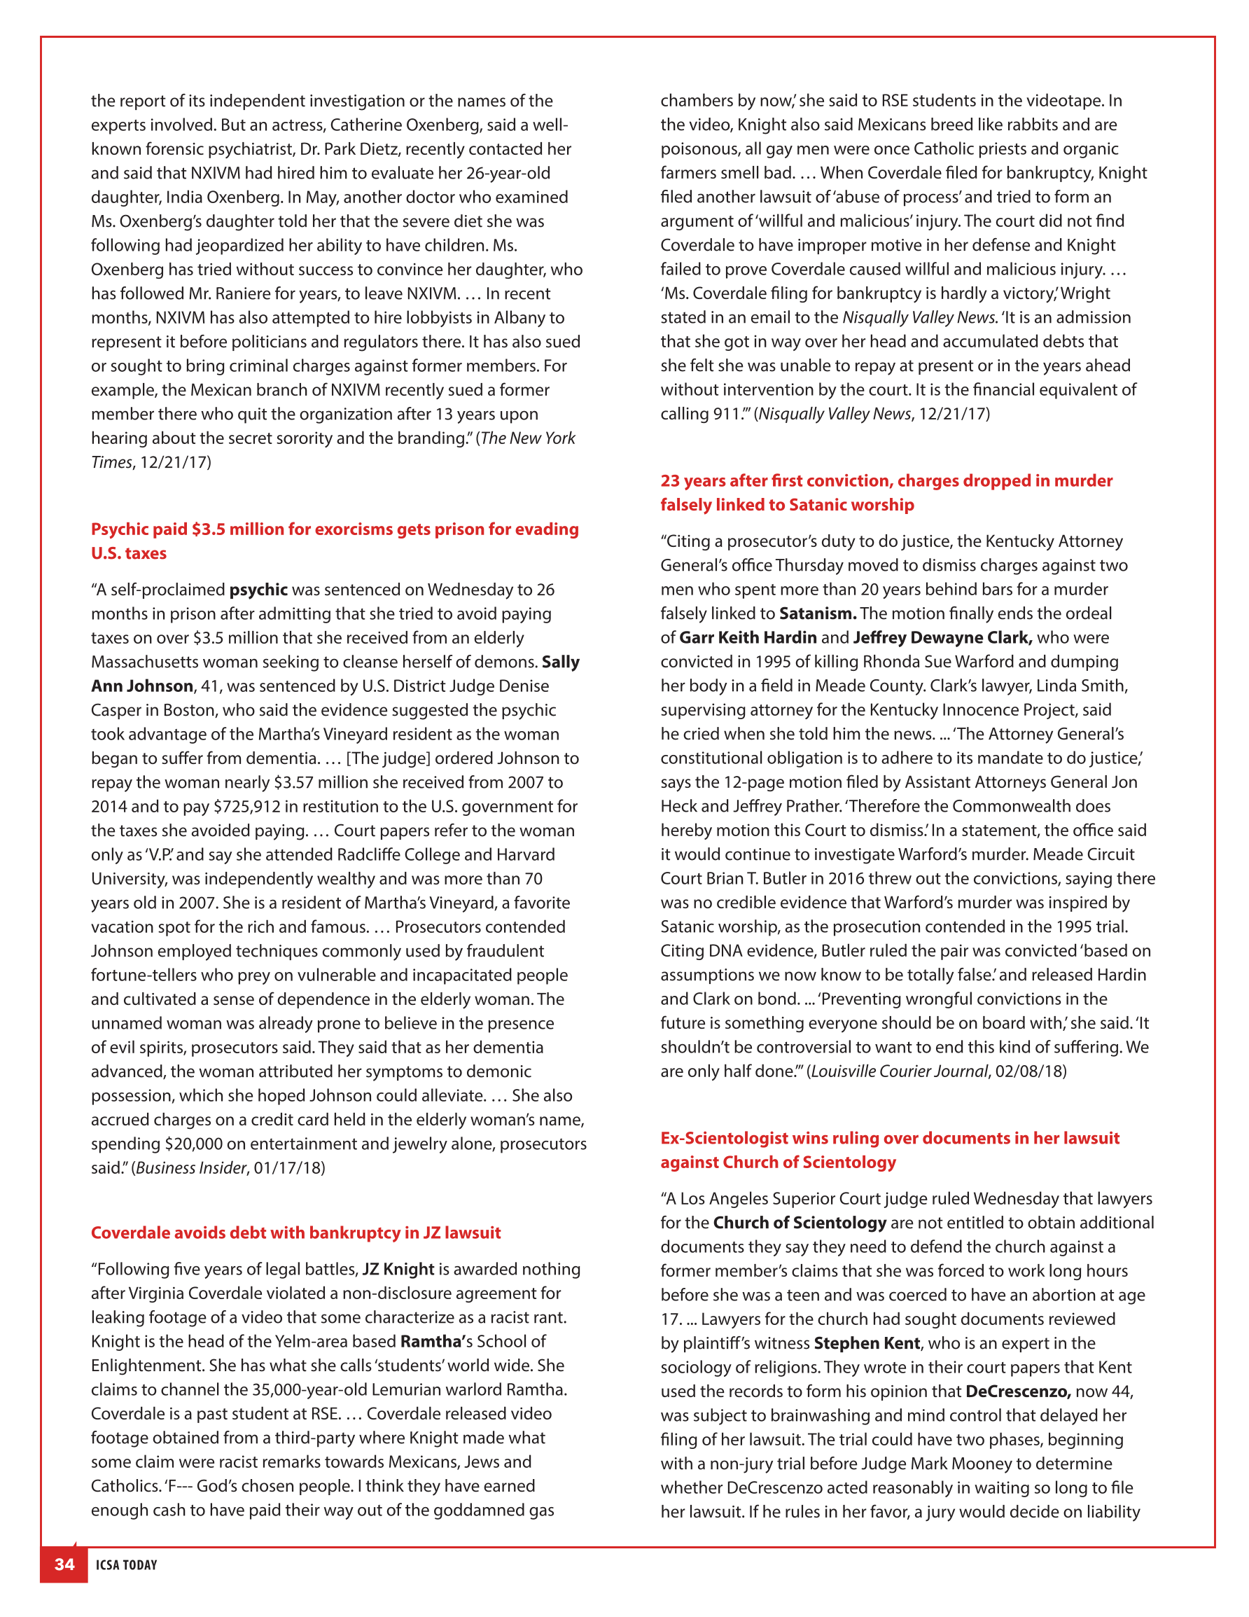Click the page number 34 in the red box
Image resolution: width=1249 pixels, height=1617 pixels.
coord(64,1564)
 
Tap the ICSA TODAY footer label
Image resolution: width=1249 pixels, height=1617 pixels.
coord(127,1564)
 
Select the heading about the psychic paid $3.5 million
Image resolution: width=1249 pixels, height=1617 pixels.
coord(335,541)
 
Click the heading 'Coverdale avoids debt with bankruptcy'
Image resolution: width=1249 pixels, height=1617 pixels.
coord(295,1232)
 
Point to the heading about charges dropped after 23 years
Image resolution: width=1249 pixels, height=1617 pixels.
coord(886,492)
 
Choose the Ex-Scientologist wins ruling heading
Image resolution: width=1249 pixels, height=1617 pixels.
coord(889,1149)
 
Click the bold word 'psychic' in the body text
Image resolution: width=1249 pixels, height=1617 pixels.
coord(258,590)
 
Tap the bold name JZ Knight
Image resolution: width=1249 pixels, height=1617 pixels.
coord(398,1268)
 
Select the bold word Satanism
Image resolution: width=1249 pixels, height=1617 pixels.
coord(817,613)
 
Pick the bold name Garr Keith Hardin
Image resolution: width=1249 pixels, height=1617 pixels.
coord(748,637)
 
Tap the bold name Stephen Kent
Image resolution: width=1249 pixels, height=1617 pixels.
coord(866,1343)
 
